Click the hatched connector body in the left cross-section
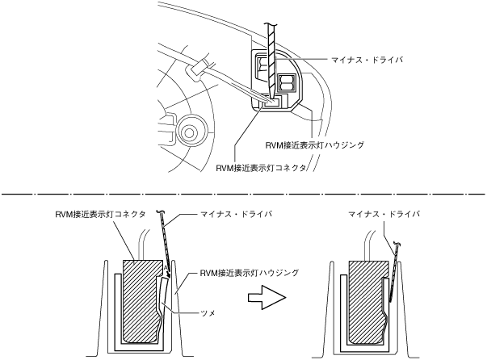point(137,299)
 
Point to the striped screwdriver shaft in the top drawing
point(271,48)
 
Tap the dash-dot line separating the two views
point(242,195)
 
